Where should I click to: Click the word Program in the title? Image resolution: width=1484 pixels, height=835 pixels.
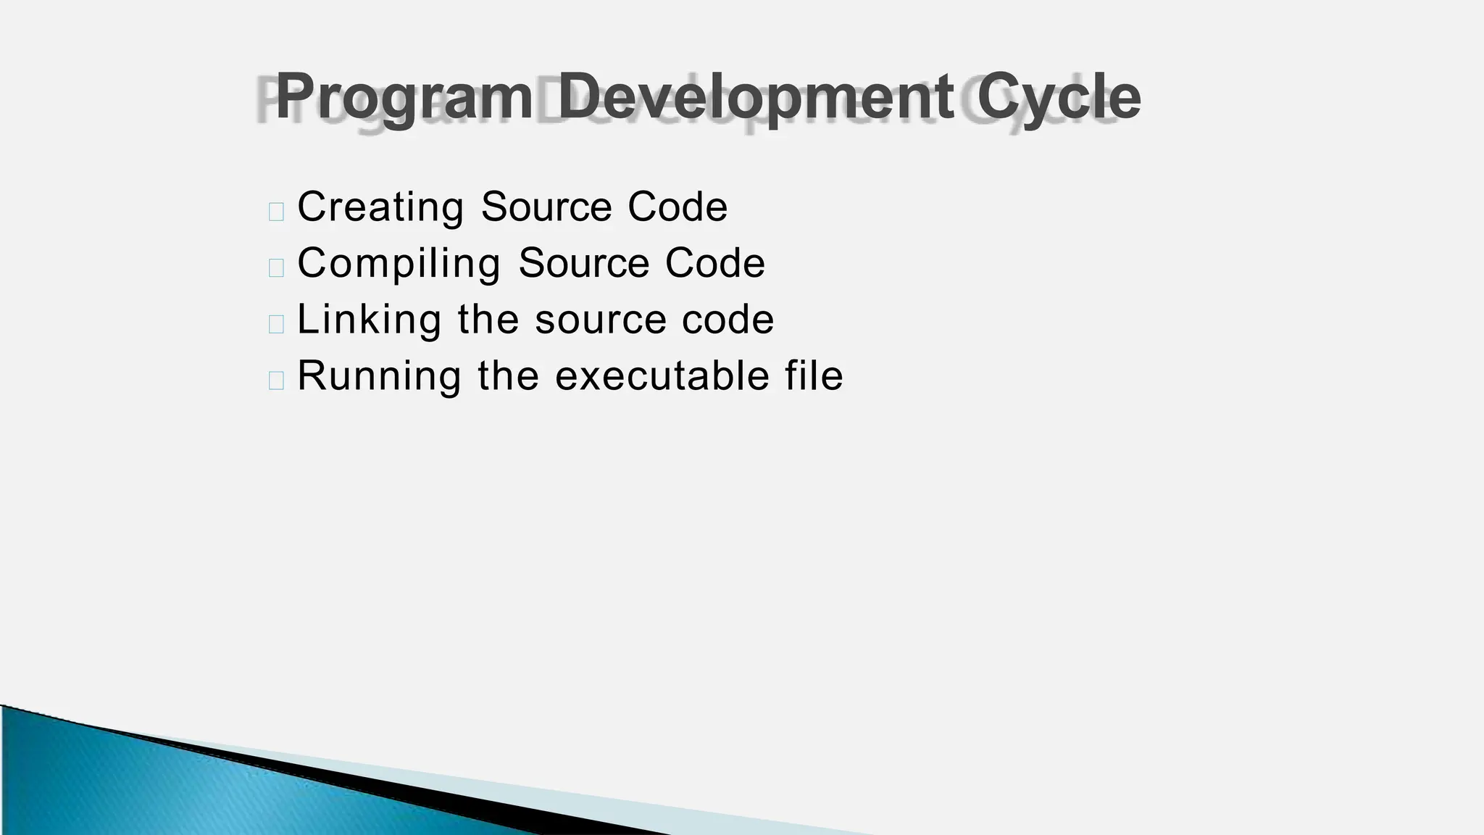click(404, 98)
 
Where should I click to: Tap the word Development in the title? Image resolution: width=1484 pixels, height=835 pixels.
click(755, 98)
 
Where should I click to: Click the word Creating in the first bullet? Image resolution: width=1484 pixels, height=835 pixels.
click(380, 207)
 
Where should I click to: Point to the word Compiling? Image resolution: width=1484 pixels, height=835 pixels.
click(399, 264)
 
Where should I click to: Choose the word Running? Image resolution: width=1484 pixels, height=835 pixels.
click(379, 376)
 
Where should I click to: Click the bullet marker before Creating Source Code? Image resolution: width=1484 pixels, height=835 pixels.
click(276, 212)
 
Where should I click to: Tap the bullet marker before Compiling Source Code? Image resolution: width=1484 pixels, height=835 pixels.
click(276, 267)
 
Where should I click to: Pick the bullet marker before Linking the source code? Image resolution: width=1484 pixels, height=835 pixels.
click(276, 324)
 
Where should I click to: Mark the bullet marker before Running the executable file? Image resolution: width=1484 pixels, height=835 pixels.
click(276, 381)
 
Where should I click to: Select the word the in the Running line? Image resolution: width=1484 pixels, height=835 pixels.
click(508, 376)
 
